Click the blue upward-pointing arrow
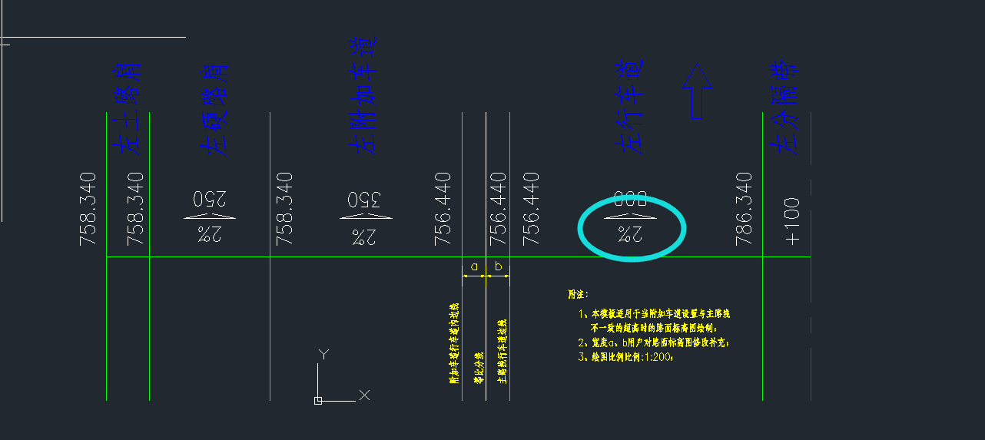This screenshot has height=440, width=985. point(697,91)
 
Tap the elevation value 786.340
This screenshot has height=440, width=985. point(744,209)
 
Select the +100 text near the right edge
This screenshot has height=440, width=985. point(792,221)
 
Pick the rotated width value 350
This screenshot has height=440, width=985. point(359,199)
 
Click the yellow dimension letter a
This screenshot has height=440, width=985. point(473,266)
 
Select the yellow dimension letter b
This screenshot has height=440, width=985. point(498,266)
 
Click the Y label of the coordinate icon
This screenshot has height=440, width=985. point(324,355)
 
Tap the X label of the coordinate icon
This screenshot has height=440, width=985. point(364,395)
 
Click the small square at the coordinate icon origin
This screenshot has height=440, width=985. point(318,400)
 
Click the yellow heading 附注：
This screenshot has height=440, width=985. point(578,294)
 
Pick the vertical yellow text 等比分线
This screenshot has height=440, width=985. point(478,368)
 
